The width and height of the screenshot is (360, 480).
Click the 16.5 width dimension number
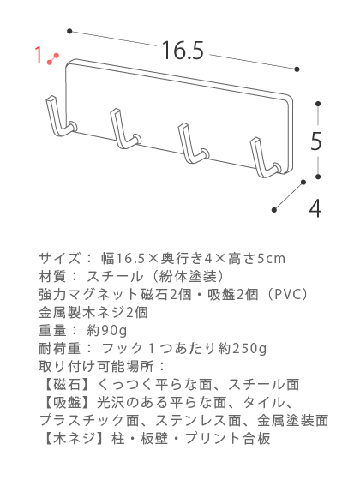183,51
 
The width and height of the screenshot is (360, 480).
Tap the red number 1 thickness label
39,55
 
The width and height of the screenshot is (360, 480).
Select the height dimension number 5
316,141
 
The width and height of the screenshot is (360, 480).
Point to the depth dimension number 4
315,208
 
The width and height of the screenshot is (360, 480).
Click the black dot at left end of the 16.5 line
69,31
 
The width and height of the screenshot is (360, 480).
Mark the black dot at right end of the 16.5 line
297,69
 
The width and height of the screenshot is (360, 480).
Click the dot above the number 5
318,104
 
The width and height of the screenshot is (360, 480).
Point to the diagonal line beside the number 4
289,196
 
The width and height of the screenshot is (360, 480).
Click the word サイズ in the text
60,259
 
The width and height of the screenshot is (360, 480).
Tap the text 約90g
107,330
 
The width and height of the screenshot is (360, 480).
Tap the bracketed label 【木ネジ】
73,438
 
